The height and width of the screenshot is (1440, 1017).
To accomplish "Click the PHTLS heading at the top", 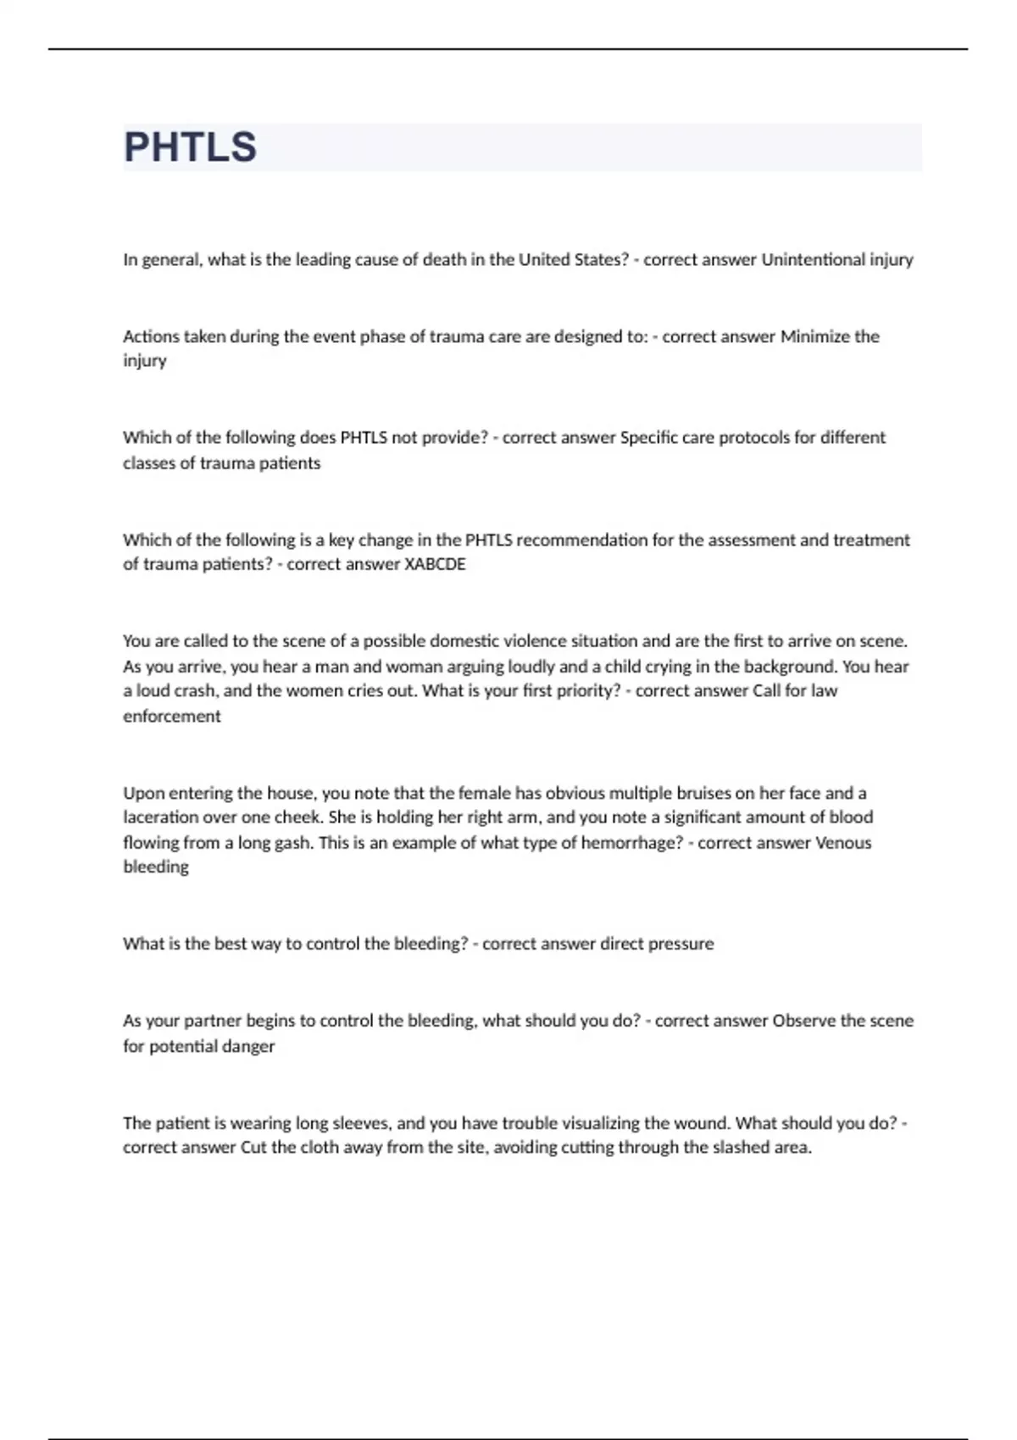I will (x=190, y=147).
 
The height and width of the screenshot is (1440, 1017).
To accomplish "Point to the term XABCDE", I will (x=435, y=564).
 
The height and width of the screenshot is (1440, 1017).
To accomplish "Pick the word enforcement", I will (x=172, y=717).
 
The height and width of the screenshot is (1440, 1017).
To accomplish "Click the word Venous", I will (x=843, y=843).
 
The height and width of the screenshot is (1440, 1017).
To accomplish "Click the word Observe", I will (x=804, y=1021).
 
